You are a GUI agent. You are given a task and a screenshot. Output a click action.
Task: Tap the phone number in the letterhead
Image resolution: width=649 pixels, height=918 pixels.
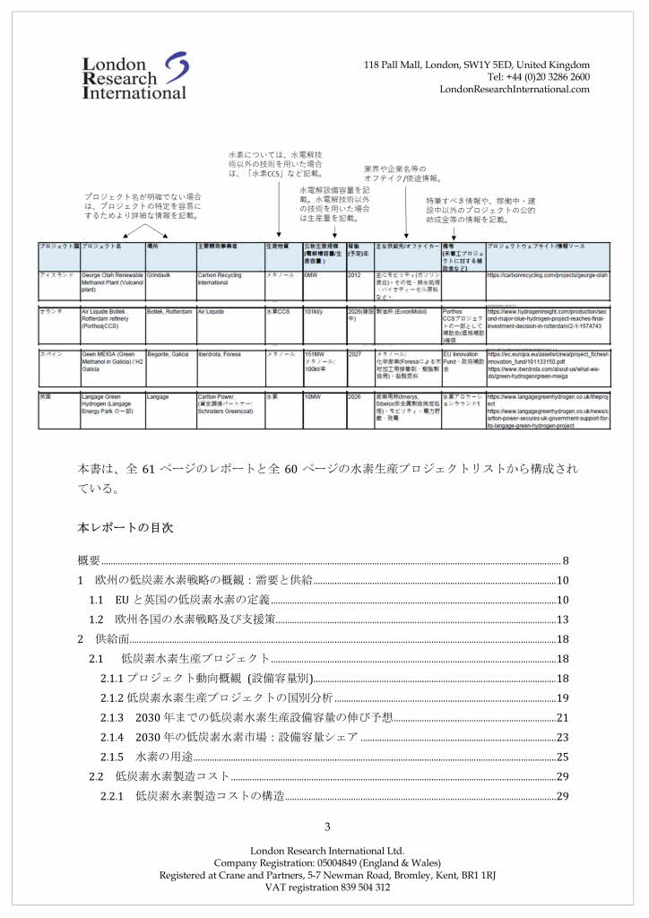(x=538, y=77)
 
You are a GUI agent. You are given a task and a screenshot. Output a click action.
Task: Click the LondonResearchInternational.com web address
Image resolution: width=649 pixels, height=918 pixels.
(x=515, y=90)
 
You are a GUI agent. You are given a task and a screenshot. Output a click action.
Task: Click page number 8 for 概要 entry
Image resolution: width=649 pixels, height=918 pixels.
(x=566, y=561)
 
